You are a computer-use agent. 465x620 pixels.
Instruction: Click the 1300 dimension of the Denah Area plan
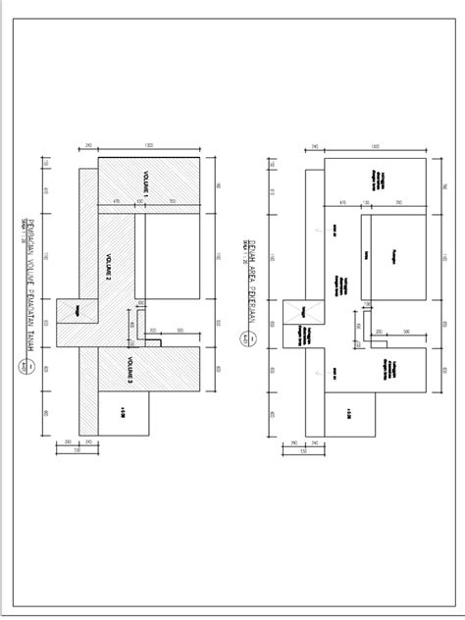click(x=376, y=146)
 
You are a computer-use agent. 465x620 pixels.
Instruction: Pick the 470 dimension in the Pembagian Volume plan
click(x=116, y=202)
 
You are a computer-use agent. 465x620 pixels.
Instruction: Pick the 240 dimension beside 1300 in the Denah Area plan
click(x=314, y=146)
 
